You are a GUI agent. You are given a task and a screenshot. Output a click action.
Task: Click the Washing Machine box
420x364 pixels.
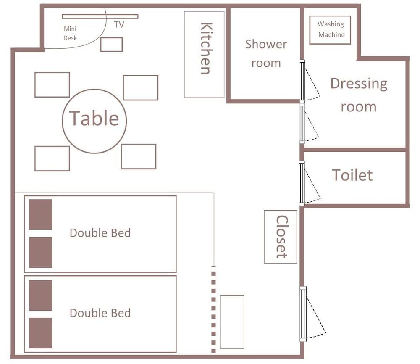pyautogui.click(x=330, y=29)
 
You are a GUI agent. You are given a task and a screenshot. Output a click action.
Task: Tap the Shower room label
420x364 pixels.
pyautogui.click(x=266, y=53)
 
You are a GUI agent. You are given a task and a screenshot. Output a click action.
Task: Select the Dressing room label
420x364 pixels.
pyautogui.click(x=358, y=95)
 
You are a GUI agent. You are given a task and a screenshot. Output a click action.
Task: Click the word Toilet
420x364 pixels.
pyautogui.click(x=352, y=175)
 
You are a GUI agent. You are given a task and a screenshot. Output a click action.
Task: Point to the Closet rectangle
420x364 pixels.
pyautogui.click(x=281, y=237)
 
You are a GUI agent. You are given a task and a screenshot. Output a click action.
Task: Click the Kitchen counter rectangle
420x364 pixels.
pyautogui.click(x=204, y=54)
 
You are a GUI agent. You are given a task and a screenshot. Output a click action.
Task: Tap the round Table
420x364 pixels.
pyautogui.click(x=94, y=121)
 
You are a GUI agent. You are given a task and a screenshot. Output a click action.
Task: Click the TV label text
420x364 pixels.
pyautogui.click(x=119, y=25)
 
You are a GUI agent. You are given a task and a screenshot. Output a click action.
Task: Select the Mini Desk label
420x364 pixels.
pyautogui.click(x=70, y=33)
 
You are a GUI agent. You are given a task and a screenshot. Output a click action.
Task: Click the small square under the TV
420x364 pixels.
pyautogui.click(x=111, y=45)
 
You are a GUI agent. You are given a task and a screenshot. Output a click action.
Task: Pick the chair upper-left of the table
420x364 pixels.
pyautogui.click(x=52, y=85)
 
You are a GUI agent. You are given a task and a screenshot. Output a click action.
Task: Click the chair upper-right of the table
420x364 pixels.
pyautogui.click(x=141, y=88)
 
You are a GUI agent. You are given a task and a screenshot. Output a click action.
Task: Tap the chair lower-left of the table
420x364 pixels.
pyautogui.click(x=52, y=158)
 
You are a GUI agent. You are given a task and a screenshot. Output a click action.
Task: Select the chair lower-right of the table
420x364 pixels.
pyautogui.click(x=139, y=156)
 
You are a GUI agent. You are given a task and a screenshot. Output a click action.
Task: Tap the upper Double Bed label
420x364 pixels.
pyautogui.click(x=100, y=233)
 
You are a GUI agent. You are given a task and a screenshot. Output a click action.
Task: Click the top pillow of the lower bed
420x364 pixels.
pyautogui.click(x=40, y=295)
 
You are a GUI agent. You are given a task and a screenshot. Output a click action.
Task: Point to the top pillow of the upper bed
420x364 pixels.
pyautogui.click(x=40, y=214)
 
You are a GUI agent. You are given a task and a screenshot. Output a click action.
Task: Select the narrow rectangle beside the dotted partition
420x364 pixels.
pyautogui.click(x=232, y=322)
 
